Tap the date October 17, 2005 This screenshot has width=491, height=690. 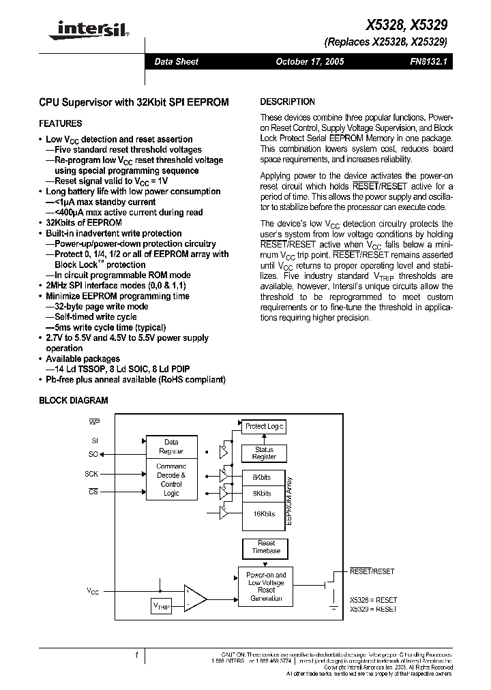coord(309,61)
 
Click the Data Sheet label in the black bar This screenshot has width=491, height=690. coord(176,61)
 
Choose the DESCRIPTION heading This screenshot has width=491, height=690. coord(287,102)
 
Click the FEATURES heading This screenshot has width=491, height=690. coord(61,123)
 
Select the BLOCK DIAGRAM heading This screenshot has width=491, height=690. coord(73,401)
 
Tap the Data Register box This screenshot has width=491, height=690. coord(171,447)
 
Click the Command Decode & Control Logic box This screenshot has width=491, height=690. coord(171,479)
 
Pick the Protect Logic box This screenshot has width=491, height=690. coord(264,426)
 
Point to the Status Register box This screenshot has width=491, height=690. coord(264,453)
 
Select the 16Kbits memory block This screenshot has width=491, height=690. coord(263,513)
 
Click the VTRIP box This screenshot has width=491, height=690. coord(161,605)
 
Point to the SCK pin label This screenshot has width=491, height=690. coord(91,473)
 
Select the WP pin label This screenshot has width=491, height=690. coord(94,423)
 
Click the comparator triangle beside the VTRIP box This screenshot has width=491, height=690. coord(195,599)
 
